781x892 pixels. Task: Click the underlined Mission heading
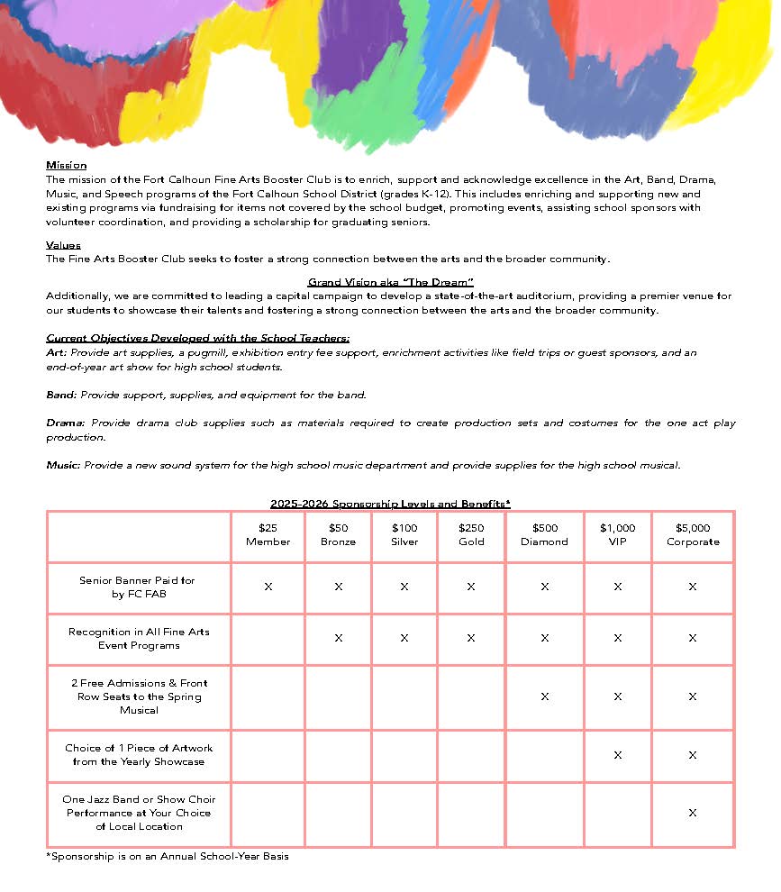click(66, 166)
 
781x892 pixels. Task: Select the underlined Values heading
click(63, 245)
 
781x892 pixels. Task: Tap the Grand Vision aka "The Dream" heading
click(390, 282)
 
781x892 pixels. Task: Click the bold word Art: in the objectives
click(56, 353)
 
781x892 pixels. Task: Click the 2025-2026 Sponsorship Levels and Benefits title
click(390, 504)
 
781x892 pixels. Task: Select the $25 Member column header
click(268, 535)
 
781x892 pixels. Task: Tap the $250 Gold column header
click(471, 535)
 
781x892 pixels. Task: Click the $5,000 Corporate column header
click(693, 535)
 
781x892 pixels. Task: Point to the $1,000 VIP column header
click(617, 535)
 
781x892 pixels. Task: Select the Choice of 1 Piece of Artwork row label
click(139, 755)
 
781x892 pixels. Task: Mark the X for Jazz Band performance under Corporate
click(693, 813)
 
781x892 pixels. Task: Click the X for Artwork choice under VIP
click(617, 755)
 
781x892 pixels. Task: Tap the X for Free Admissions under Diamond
click(544, 696)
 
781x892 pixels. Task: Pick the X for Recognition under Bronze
click(338, 638)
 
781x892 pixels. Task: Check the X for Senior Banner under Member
click(268, 587)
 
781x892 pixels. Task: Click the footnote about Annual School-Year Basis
click(168, 856)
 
